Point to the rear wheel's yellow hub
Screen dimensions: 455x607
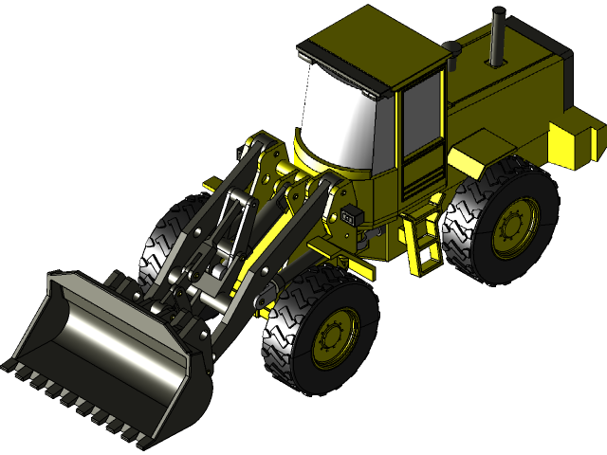point(514,227)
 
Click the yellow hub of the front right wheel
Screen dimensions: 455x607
point(335,337)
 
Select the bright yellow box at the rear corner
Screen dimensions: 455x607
point(575,137)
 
